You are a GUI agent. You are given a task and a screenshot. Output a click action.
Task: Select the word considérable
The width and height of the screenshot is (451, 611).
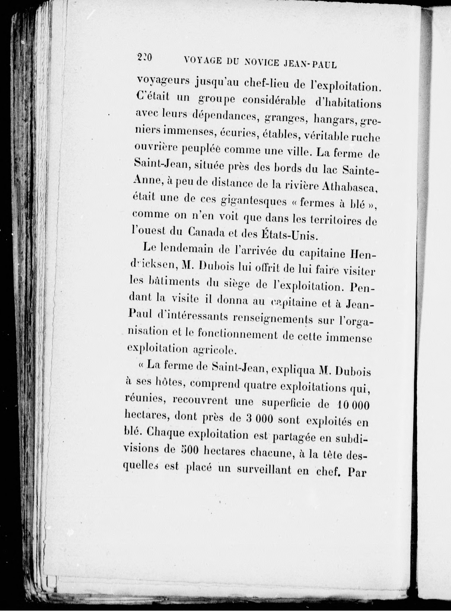[274, 100]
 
